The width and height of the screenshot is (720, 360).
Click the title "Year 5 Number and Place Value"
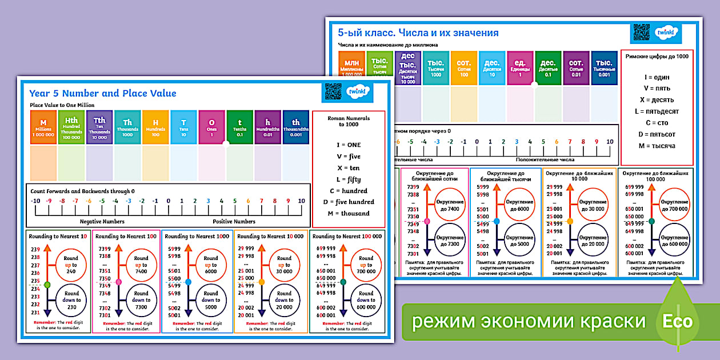(103, 93)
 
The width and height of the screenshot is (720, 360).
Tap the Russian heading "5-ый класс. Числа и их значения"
(418, 33)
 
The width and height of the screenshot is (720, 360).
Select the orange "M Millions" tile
(43, 127)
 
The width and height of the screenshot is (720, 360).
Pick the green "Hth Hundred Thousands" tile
(71, 127)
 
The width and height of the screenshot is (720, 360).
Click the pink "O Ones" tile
(212, 127)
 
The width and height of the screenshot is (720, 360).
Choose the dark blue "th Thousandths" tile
(296, 127)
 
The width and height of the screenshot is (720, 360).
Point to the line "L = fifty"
(348, 179)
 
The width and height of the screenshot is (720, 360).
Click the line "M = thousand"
(348, 214)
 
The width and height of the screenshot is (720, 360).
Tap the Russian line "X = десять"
(657, 100)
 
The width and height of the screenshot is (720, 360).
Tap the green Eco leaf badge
(677, 320)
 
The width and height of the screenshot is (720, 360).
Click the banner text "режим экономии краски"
(529, 321)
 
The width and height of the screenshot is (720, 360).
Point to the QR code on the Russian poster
(642, 33)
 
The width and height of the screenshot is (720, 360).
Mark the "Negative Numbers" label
(102, 222)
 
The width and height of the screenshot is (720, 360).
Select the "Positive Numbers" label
(234, 222)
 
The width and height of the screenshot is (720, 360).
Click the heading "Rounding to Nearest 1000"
(197, 237)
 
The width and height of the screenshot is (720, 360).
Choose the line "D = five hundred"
(348, 202)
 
